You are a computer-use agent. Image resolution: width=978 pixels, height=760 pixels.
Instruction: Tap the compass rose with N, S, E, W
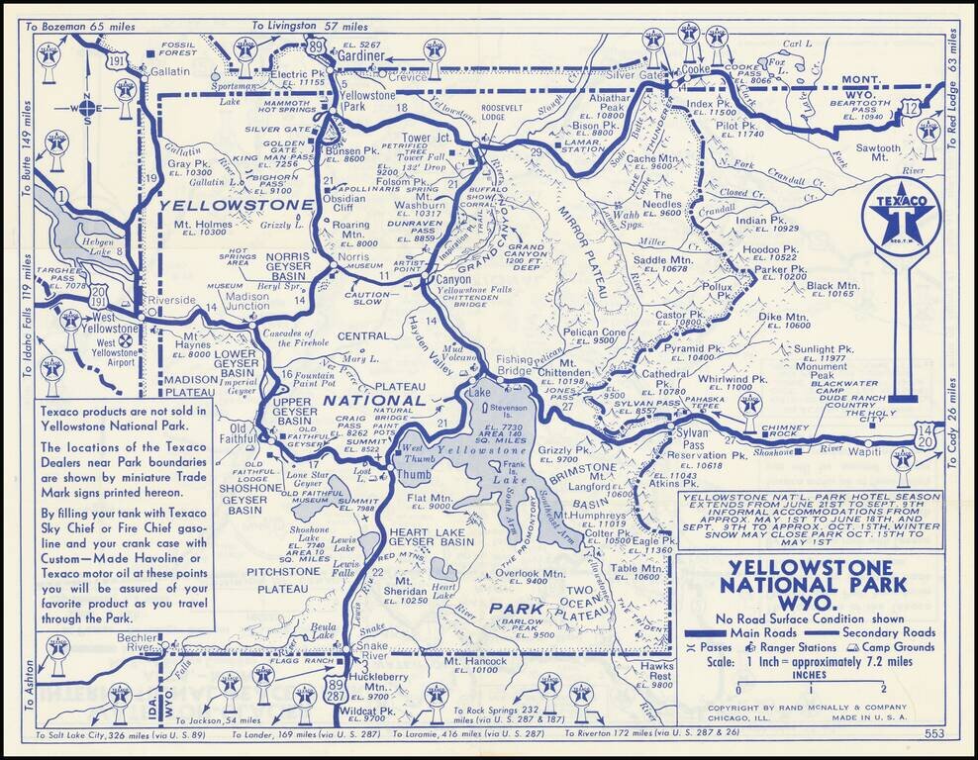click(x=86, y=109)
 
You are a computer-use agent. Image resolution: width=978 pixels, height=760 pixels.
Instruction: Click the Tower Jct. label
click(x=427, y=138)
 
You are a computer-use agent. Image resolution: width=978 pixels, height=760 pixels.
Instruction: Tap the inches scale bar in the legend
click(x=810, y=684)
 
